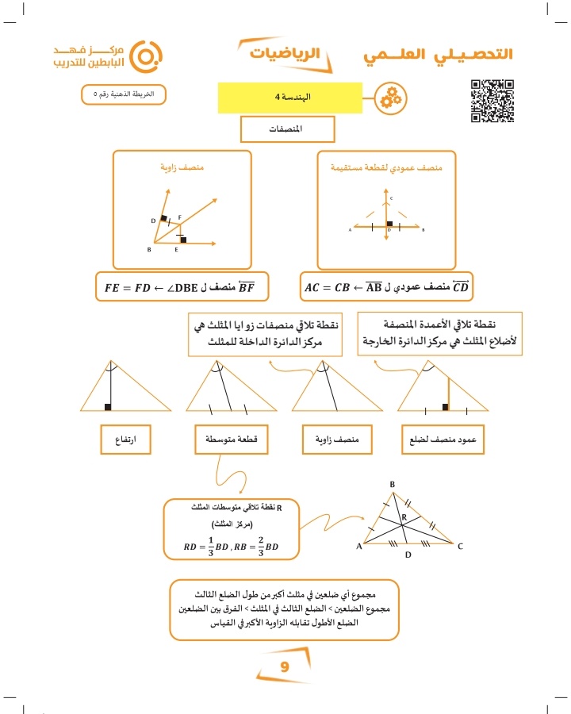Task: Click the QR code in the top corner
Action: click(492, 101)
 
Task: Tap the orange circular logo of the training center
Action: click(145, 56)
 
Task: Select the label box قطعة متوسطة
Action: click(231, 439)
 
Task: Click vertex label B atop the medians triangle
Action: click(392, 484)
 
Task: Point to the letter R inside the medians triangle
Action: click(403, 517)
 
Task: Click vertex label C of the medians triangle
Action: click(459, 546)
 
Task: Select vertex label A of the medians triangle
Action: click(359, 546)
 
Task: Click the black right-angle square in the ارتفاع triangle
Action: click(107, 407)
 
